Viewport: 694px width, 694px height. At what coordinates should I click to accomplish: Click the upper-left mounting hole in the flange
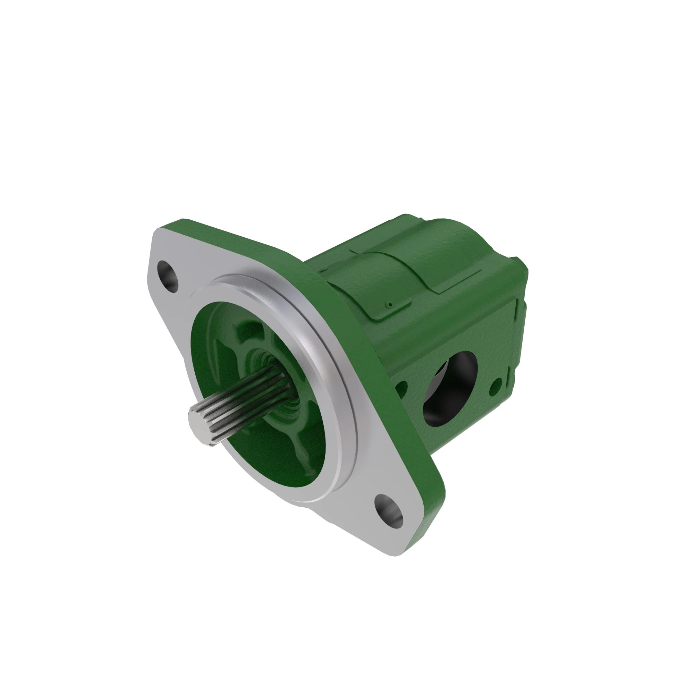point(168,277)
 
